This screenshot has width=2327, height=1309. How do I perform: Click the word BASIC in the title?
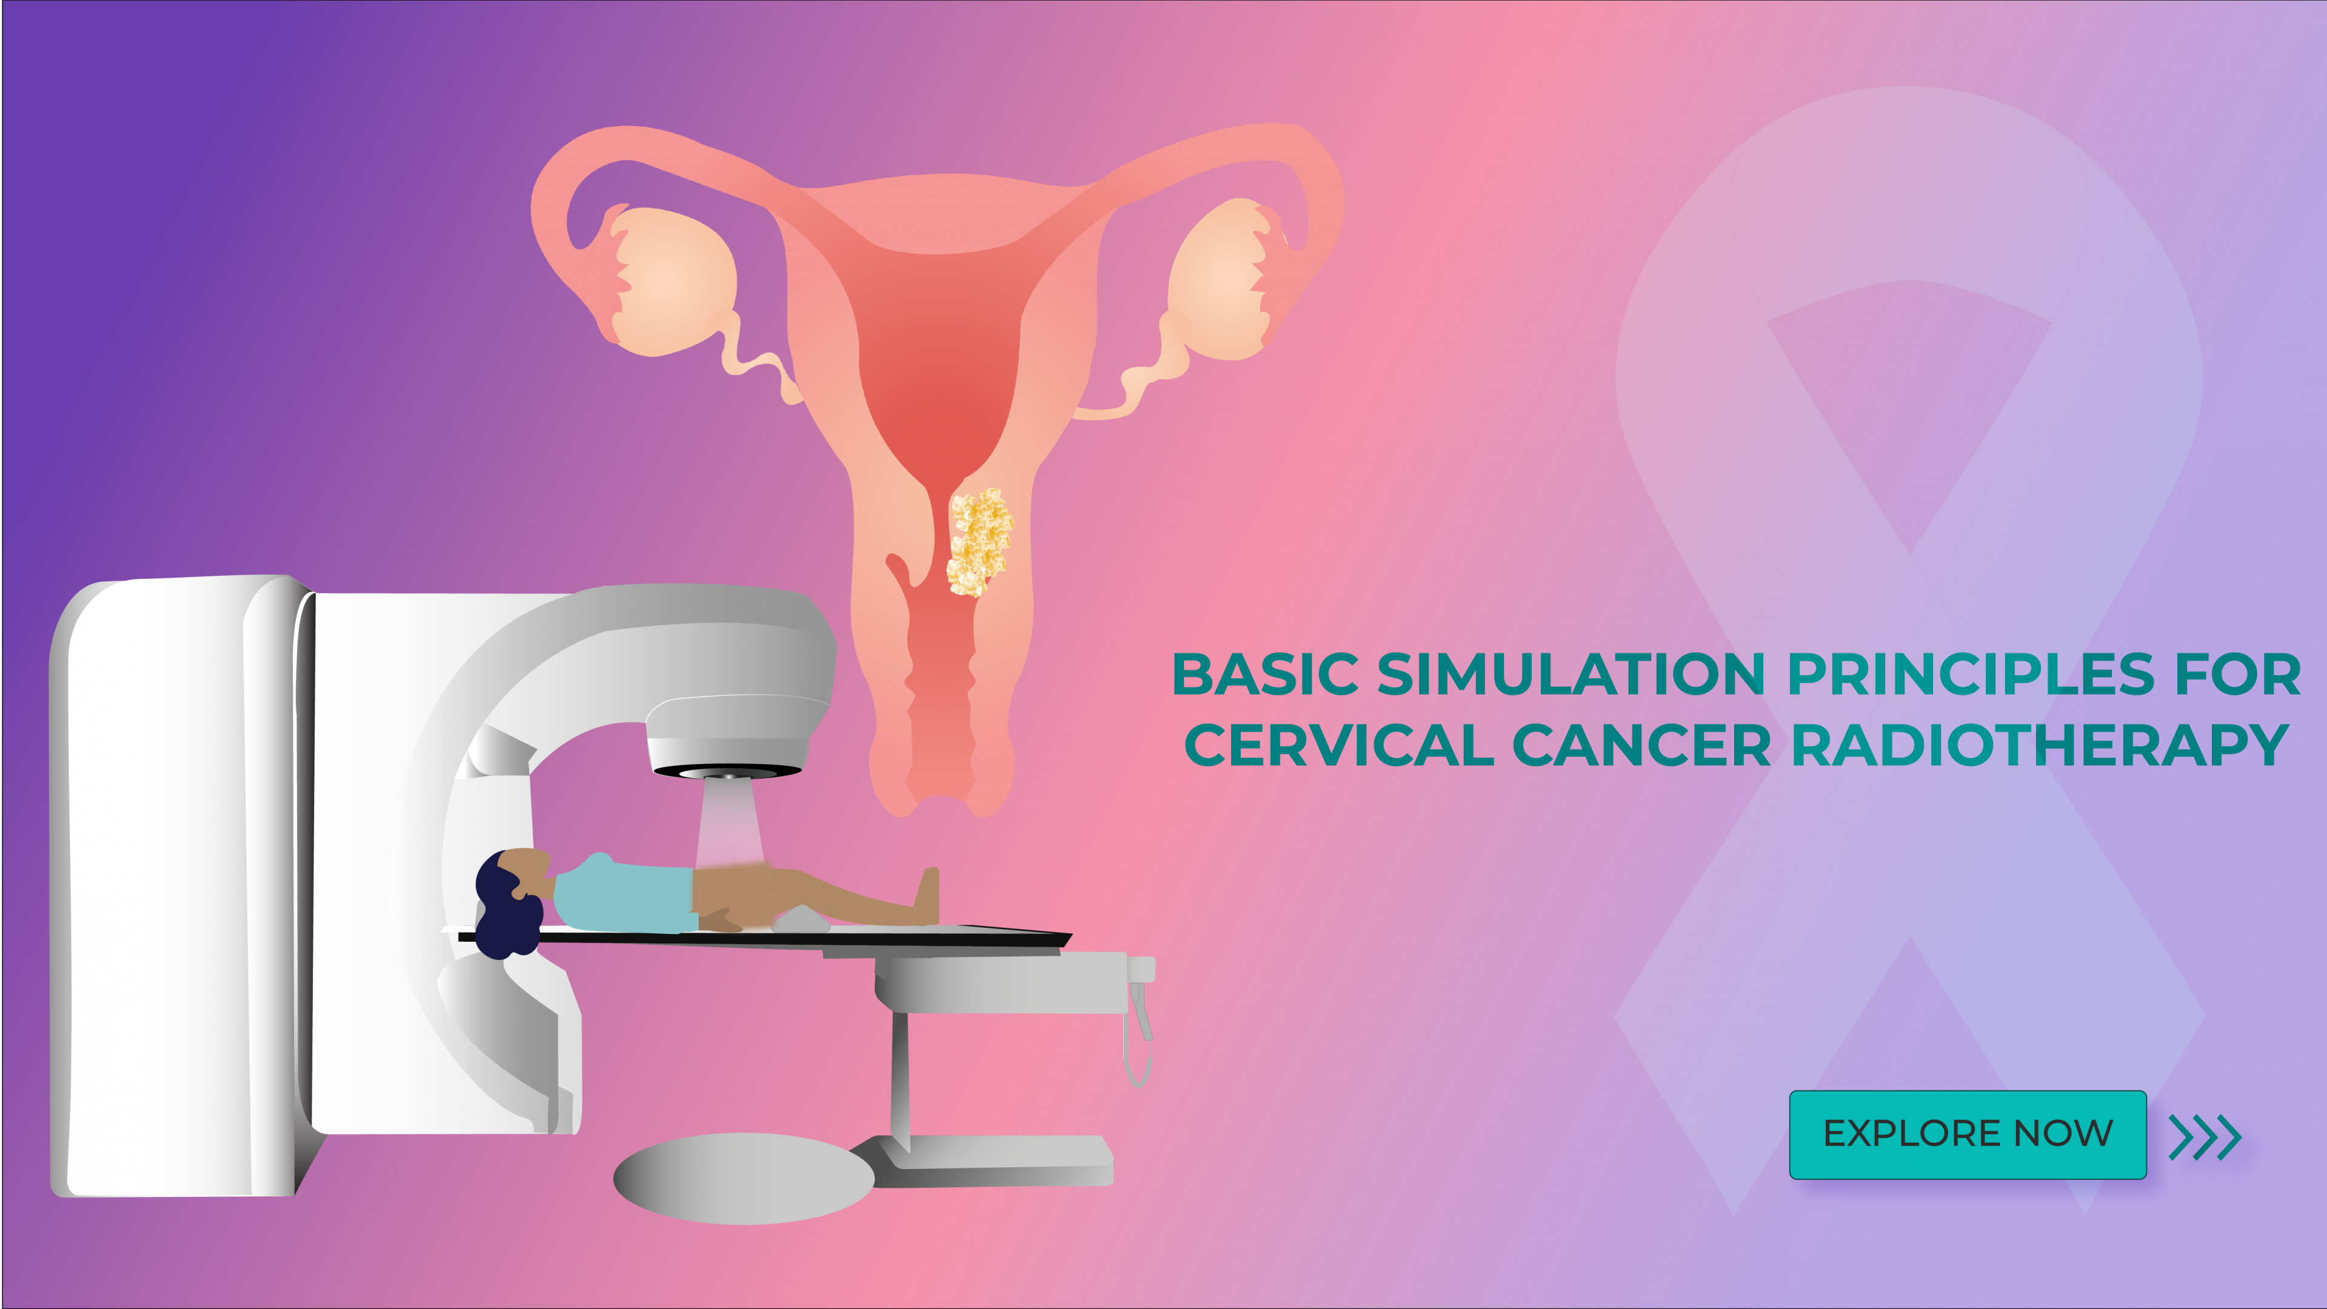1264,675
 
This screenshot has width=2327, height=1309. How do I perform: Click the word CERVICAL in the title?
1339,746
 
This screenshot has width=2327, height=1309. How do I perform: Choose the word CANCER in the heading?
1641,746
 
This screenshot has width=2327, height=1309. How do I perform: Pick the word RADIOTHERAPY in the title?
2040,746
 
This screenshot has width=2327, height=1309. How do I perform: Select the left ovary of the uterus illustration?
673,280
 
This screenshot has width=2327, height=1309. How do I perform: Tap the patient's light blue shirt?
623,894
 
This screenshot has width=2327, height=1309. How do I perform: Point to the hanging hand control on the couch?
1140,1030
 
